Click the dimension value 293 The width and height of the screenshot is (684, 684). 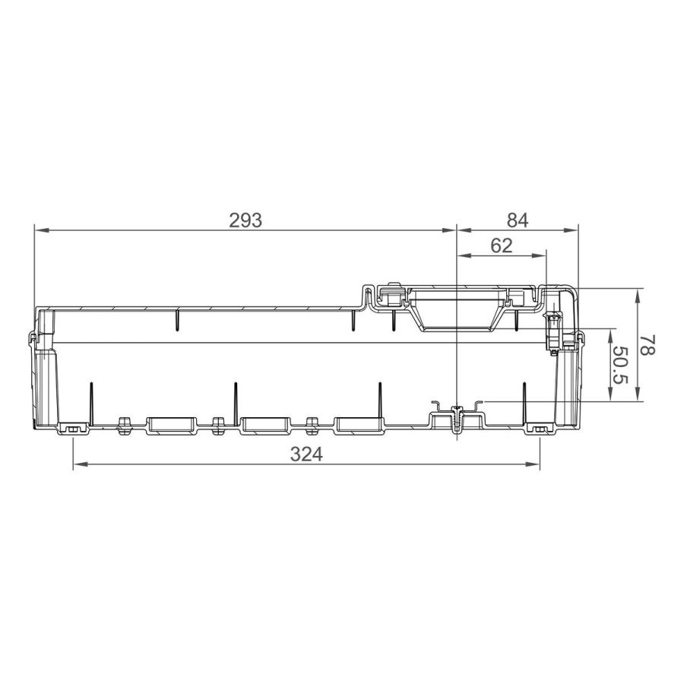[245, 220]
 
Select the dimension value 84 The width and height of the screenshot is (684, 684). [518, 220]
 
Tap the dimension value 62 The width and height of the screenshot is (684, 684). [502, 246]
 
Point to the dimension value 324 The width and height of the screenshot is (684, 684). [307, 454]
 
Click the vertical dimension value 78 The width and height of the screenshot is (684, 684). [648, 344]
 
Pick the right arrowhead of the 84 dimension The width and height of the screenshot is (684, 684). [572, 230]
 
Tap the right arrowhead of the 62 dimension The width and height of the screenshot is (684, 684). [540, 255]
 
